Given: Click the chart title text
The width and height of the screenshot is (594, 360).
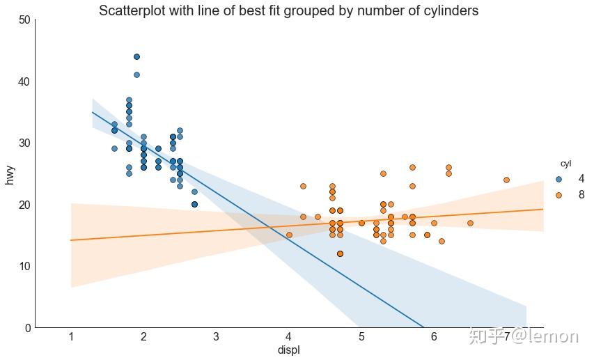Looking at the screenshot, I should tap(288, 11).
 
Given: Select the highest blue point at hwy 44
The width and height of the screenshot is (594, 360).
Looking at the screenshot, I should tap(136, 56).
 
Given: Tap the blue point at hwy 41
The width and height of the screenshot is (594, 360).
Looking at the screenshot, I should tap(136, 75).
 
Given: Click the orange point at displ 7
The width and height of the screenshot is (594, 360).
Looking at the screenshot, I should tap(506, 180).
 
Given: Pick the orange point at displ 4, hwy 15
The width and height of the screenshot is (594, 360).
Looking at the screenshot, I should tap(289, 235).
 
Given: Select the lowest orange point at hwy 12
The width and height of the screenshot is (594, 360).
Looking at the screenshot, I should tap(340, 253).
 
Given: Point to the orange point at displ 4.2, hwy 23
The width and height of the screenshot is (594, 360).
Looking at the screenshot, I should tap(303, 186).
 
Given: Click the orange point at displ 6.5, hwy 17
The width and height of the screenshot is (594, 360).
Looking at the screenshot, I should tap(470, 223).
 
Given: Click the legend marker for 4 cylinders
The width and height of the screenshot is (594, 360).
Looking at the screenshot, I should tap(558, 179).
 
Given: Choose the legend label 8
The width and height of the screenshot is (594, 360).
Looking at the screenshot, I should tap(581, 196).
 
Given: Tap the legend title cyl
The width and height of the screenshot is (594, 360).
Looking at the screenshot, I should tap(566, 164).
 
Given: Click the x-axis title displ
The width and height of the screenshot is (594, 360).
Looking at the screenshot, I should tap(288, 350).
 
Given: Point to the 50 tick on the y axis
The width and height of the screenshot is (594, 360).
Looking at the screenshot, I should tap(24, 20).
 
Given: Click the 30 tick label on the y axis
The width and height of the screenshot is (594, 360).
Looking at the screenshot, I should tap(24, 143).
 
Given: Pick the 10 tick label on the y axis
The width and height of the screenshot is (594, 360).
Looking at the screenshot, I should tap(24, 266).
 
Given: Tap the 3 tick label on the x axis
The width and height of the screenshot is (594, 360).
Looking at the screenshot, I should tap(216, 337).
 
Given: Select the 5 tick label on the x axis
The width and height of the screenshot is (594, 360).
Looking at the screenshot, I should tap(361, 337).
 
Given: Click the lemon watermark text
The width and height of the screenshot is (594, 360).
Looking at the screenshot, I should tap(524, 336).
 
